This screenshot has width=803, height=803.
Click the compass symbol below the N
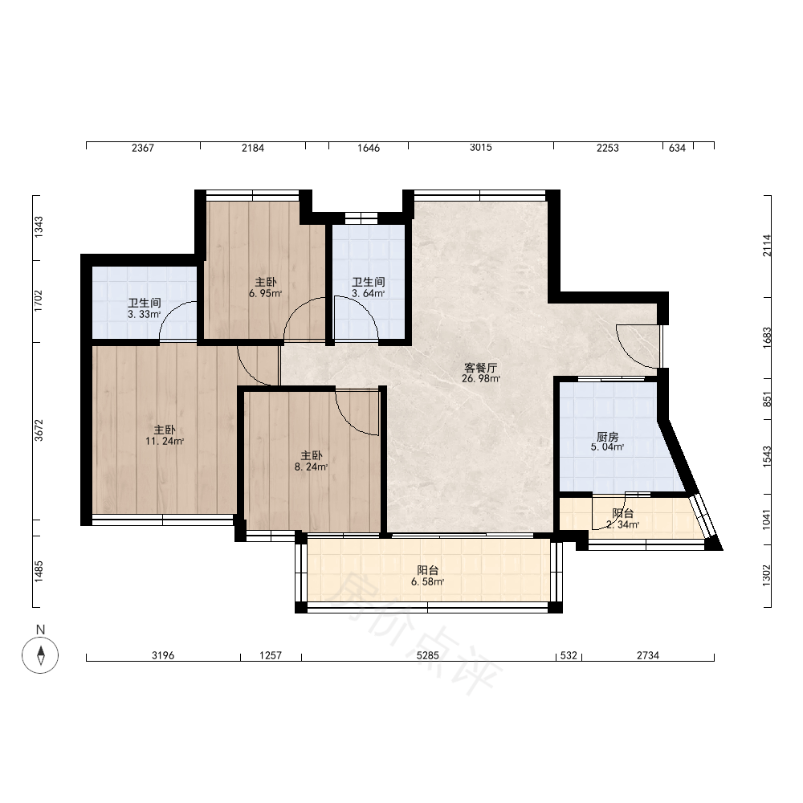pos(40,655)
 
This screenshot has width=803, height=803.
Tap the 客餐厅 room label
pos(480,368)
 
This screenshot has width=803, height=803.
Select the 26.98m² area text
pos(480,379)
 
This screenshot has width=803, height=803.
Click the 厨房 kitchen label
pos(607,436)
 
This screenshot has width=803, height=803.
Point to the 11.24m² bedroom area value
pos(165,441)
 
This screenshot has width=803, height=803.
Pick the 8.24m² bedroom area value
pos(311,467)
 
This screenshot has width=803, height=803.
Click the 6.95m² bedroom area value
pos(265,293)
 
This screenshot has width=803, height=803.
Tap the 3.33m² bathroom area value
pos(144,315)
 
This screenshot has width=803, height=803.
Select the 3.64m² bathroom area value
pos(368,293)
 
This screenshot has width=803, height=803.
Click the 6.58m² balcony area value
pos(427,581)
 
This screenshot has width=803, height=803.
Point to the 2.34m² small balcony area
pos(623,524)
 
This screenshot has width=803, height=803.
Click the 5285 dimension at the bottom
pos(428,655)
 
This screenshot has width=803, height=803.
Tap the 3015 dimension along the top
pos(480,148)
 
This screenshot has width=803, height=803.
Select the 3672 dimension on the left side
pos(39,430)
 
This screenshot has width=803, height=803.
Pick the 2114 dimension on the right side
pos(767,245)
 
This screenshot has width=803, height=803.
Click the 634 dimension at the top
pos(677,148)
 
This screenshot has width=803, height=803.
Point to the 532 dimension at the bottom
pos(569,655)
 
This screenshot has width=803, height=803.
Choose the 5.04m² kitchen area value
pos(607,447)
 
